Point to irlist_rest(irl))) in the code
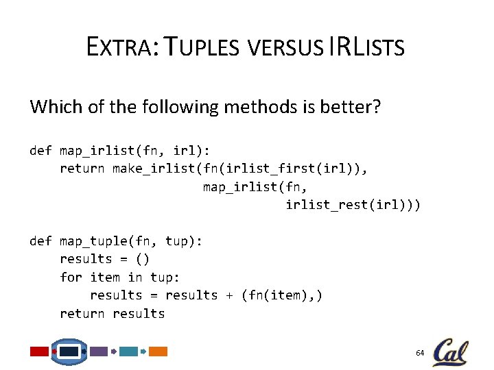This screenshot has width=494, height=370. tap(353, 205)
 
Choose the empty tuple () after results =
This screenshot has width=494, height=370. tap(141, 259)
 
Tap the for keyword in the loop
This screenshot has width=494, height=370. tap(71, 277)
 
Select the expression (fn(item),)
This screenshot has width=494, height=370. tap(281, 295)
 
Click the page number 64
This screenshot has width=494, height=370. tap(420, 352)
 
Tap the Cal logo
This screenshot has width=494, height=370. tap(451, 351)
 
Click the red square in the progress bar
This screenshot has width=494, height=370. tap(39, 351)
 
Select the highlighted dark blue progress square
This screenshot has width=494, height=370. tap(69, 351)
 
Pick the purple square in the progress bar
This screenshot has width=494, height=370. tap(99, 351)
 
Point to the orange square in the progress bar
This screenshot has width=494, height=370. tap(158, 351)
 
